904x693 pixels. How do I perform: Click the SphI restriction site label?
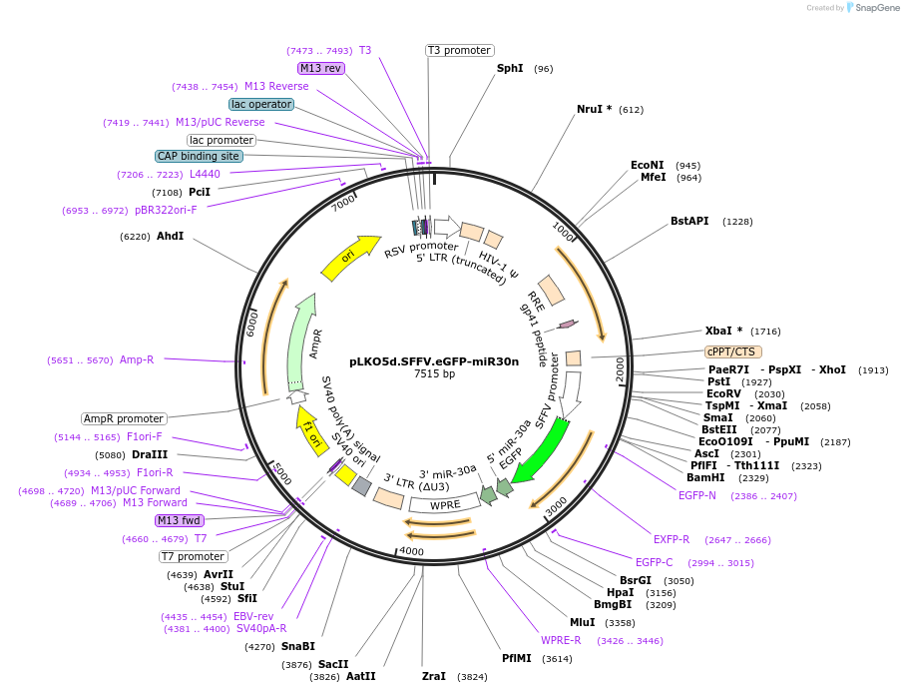(x=510, y=69)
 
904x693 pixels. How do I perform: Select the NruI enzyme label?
(x=594, y=109)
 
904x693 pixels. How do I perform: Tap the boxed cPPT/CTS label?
(x=732, y=351)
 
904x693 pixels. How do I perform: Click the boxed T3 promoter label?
(x=459, y=50)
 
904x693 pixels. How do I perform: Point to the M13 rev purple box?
(x=320, y=68)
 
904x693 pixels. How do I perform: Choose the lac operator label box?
(x=260, y=104)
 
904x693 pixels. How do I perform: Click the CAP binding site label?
(x=199, y=156)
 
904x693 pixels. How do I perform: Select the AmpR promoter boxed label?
(x=123, y=418)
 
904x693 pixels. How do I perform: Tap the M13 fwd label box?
(x=180, y=520)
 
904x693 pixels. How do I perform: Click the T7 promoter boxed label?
(x=194, y=556)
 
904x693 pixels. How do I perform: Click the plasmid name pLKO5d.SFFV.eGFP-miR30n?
(x=434, y=361)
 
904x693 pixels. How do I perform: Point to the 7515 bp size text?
(x=434, y=374)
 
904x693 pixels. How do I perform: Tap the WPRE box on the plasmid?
(x=445, y=504)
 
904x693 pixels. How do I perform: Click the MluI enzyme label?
(x=582, y=622)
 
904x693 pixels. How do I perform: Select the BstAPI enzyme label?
(x=689, y=221)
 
